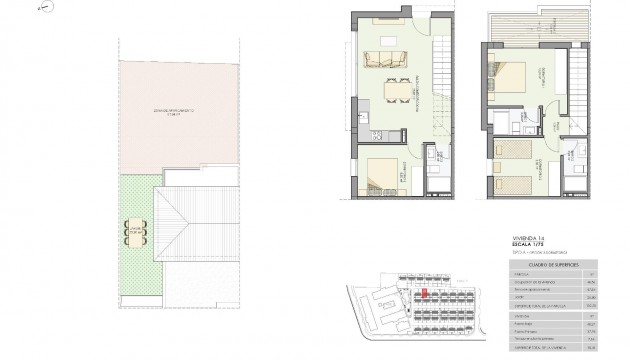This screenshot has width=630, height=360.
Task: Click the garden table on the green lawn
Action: coord(136,232)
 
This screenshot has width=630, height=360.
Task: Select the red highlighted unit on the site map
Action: coord(424,294)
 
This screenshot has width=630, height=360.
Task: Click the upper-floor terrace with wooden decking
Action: coord(516,29)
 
